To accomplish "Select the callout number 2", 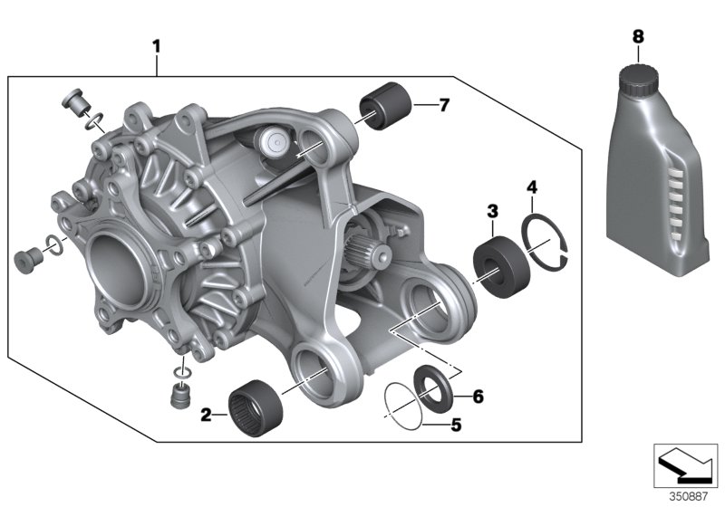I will coord(207,416).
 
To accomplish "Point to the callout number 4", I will coord(533,187).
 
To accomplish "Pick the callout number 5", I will coord(456,423).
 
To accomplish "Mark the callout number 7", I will coord(443,105).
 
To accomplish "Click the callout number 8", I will coord(637,35).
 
